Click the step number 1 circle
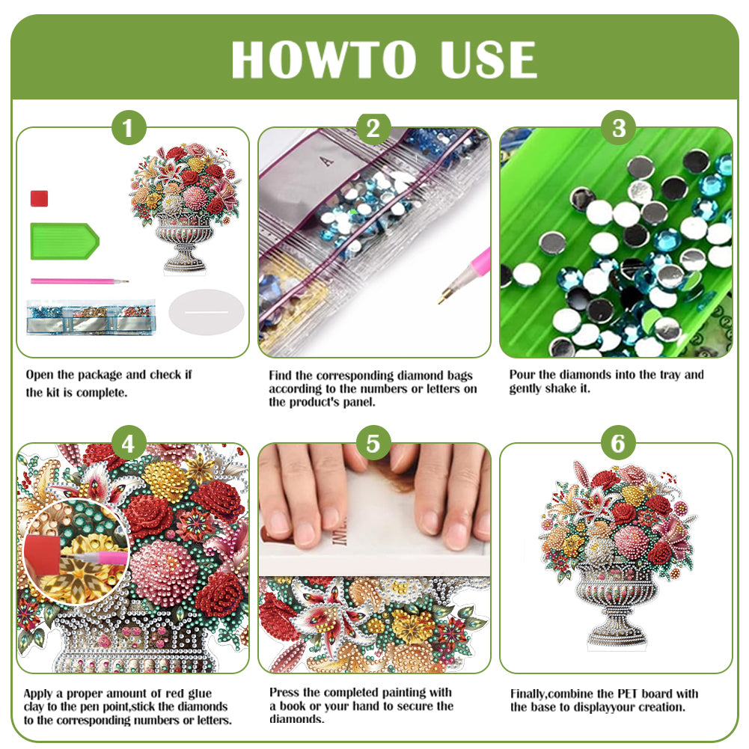[128, 129]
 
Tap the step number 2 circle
[373, 129]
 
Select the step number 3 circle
[618, 129]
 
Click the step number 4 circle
[128, 444]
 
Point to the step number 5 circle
[373, 444]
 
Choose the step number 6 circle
[618, 444]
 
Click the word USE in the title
[487, 59]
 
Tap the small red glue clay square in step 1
[40, 198]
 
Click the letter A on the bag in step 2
[323, 160]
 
